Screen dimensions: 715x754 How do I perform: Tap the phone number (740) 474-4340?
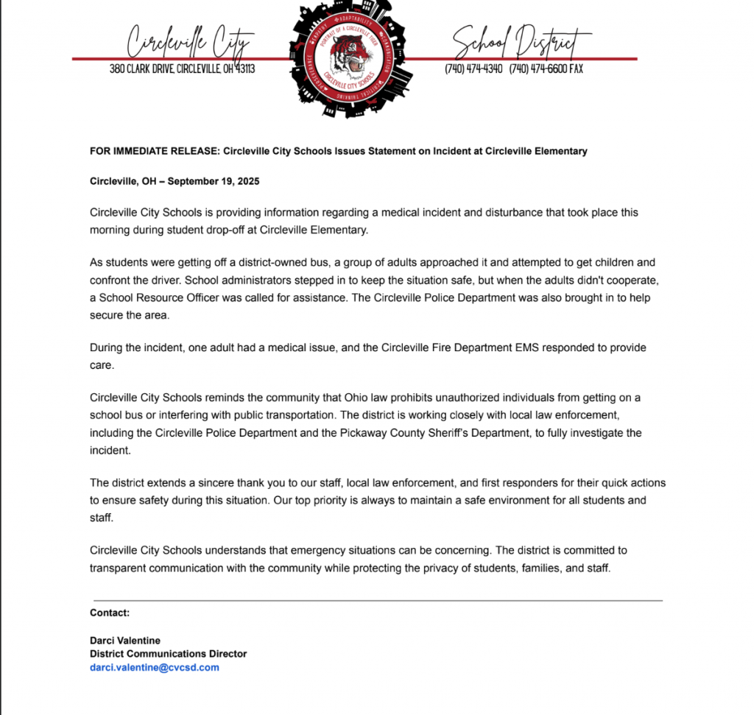coord(473,69)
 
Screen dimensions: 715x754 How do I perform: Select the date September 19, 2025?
coord(219,181)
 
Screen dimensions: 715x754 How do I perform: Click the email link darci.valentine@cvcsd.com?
coord(155,667)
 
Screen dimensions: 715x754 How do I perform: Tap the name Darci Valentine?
coord(125,640)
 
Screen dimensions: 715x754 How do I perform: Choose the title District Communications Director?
coord(168,653)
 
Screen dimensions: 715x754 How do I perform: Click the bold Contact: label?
coord(110,613)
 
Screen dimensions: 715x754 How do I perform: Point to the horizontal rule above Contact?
coord(377,601)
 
